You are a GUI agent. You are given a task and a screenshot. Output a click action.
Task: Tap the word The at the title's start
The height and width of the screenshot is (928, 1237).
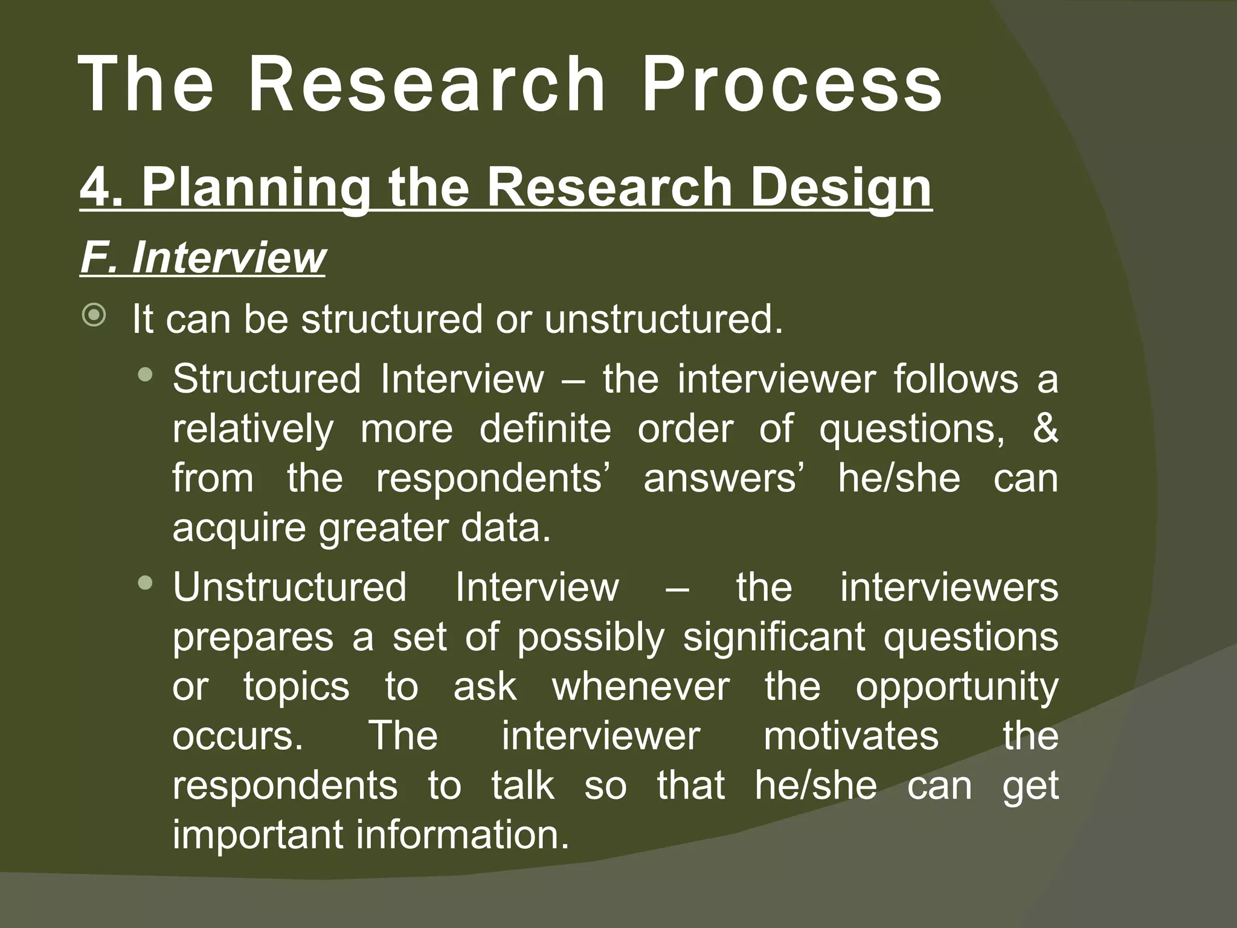(146, 85)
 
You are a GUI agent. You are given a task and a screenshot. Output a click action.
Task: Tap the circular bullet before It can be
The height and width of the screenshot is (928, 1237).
(94, 316)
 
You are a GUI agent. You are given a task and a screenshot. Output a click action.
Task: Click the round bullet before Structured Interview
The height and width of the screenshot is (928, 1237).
(145, 375)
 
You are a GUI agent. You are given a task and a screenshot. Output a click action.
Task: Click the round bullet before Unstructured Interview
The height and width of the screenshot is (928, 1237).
(145, 583)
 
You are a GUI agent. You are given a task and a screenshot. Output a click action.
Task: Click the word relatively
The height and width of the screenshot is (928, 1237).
(252, 429)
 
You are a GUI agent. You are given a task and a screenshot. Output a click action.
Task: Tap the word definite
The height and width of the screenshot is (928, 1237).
(545, 429)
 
